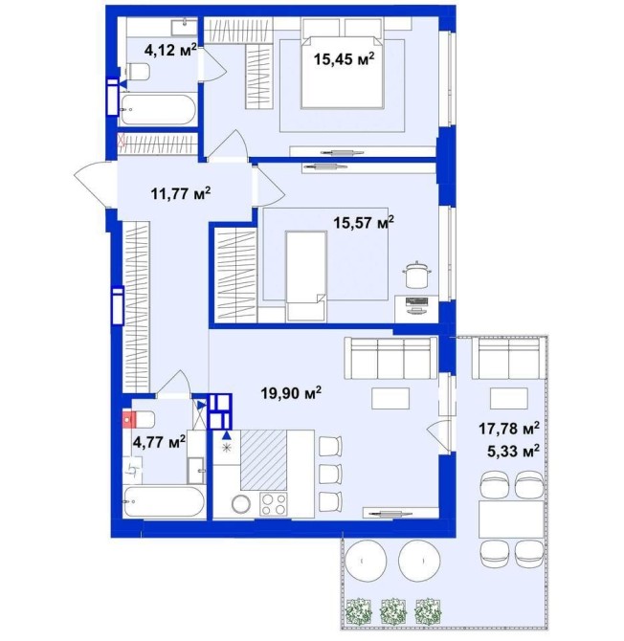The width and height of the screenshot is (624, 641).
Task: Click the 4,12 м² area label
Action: (x=171, y=50)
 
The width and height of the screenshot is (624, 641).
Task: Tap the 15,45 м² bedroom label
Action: (x=344, y=59)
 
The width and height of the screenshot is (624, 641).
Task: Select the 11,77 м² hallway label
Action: (x=181, y=193)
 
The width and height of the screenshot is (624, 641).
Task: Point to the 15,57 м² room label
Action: (x=364, y=223)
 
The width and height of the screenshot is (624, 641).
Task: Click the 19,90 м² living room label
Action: (x=291, y=393)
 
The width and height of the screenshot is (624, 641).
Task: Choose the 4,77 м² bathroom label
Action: (x=160, y=441)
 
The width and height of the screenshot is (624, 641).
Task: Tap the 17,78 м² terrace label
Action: (x=509, y=429)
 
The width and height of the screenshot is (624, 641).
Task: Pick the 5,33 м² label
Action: (x=513, y=452)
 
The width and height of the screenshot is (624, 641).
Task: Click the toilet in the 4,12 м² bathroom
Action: (x=137, y=72)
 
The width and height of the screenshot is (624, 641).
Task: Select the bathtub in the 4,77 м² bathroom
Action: (x=164, y=501)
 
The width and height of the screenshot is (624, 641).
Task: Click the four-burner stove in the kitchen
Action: (x=274, y=504)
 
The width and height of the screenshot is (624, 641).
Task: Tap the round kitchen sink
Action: (x=240, y=504)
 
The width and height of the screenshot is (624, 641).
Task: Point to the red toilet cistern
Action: (x=129, y=420)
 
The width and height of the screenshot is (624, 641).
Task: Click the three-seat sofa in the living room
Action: (x=390, y=359)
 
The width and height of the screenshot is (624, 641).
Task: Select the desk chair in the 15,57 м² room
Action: (x=416, y=274)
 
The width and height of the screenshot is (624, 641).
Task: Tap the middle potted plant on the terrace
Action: (x=393, y=612)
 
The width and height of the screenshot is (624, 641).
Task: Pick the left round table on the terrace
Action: (x=366, y=561)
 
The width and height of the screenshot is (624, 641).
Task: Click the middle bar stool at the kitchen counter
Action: (x=330, y=473)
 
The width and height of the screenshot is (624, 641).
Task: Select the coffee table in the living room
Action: (x=390, y=398)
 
